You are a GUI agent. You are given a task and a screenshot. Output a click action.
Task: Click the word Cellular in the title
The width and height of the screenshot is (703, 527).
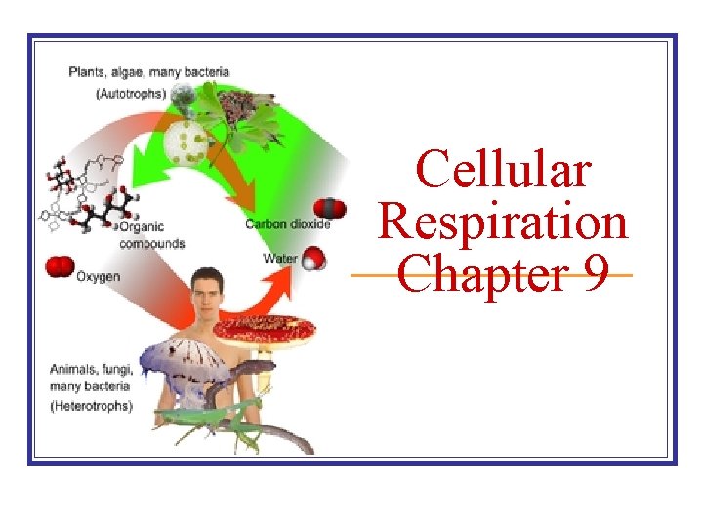tap(504, 170)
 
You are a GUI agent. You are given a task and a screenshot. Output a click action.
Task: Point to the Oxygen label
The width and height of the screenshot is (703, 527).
tap(99, 277)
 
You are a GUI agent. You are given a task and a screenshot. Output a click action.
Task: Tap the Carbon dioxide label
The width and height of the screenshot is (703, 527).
tap(288, 223)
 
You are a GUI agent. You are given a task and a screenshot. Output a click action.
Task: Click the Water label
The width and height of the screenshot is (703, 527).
tap(281, 259)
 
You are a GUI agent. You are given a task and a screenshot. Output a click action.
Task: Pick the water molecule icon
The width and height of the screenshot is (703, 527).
tap(313, 258)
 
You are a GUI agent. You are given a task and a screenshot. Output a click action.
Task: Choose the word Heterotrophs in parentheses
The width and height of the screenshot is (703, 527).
tap(91, 406)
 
